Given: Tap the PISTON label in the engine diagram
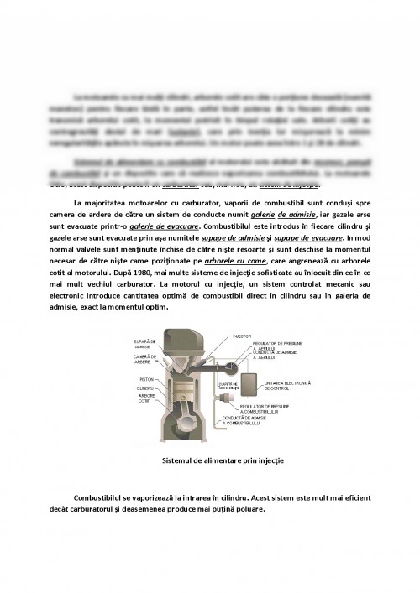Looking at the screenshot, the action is (144, 379).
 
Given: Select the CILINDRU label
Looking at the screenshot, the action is (144, 388).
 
